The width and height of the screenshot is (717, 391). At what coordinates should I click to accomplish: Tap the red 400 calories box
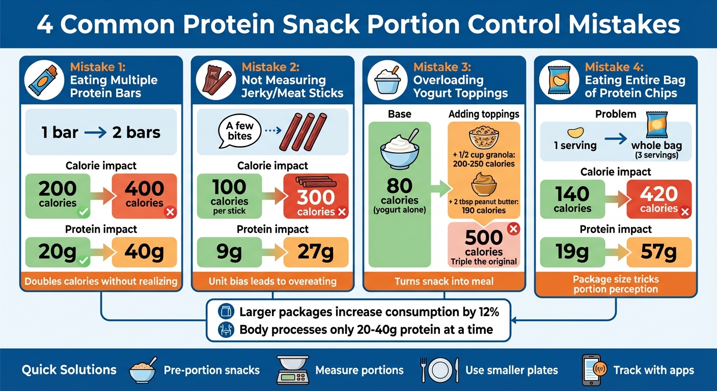coord(144,195)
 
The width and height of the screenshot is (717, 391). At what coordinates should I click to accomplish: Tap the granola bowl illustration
coord(483,137)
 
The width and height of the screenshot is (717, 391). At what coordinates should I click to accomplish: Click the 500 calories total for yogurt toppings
coord(484,238)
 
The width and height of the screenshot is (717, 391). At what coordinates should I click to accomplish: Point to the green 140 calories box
coord(572,199)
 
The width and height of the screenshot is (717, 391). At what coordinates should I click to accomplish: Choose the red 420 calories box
coord(659,199)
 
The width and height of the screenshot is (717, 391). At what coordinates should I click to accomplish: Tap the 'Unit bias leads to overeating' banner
coord(272,281)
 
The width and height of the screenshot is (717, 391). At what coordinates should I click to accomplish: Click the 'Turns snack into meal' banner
coord(444,281)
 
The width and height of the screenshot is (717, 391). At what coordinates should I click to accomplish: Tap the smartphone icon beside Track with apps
coord(591,370)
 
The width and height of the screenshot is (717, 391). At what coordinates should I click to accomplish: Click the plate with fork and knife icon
coord(439,370)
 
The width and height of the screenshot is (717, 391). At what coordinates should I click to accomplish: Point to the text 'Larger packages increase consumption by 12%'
coord(369,312)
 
